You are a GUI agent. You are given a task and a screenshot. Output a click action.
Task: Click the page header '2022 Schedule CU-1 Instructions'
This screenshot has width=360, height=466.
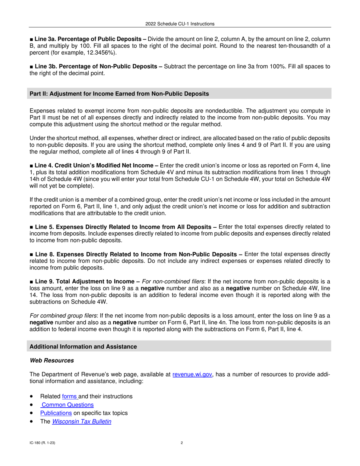[x=180, y=24]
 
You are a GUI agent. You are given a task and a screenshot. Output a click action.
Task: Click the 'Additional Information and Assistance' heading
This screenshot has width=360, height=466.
[x=83, y=347]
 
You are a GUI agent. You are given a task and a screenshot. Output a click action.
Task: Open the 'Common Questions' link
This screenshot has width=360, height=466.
[x=67, y=405]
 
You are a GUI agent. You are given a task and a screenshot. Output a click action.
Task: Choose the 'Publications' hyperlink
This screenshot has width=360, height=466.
[x=56, y=413]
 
